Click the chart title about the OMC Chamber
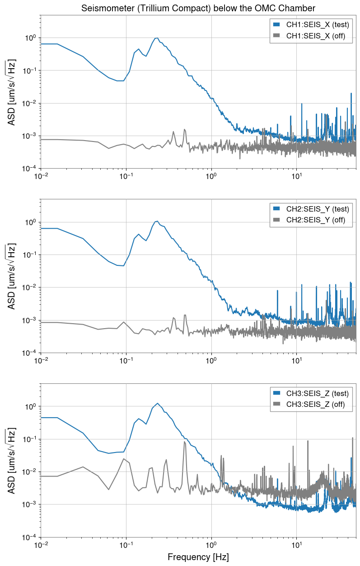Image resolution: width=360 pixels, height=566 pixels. [198, 8]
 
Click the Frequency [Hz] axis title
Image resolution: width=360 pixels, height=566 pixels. [198, 557]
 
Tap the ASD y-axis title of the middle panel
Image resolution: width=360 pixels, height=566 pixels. [12, 276]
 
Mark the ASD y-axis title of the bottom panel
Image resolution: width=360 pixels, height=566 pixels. [12, 461]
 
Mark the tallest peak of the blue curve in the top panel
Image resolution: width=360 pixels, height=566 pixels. [157, 38]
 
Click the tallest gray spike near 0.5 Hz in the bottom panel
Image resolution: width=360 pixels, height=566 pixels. [184, 442]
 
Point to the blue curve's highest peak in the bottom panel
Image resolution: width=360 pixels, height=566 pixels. [157, 403]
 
